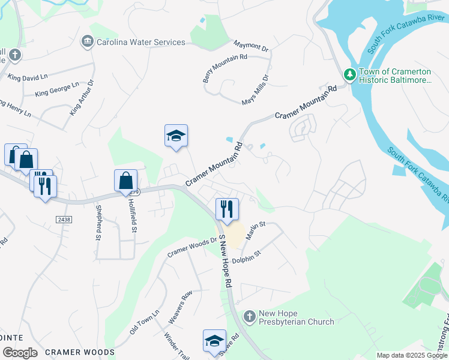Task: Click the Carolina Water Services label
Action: [x=140, y=42]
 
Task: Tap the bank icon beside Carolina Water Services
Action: [x=87, y=42]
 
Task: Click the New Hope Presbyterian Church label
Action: [x=296, y=318]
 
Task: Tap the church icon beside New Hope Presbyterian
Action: [x=249, y=316]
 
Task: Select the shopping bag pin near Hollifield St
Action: [x=126, y=181]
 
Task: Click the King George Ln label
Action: [x=57, y=90]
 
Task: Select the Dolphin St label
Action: [x=246, y=254]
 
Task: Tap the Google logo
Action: [x=20, y=352]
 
